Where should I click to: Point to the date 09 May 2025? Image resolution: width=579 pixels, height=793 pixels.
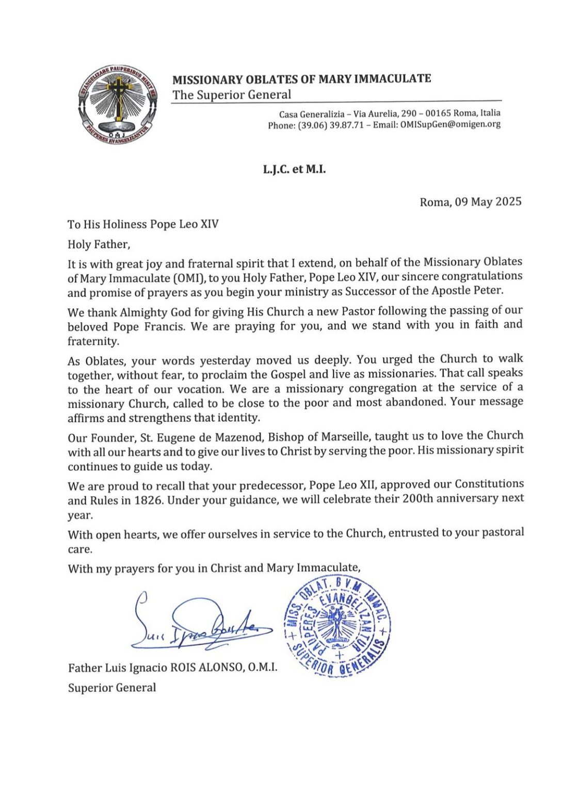[x=488, y=201]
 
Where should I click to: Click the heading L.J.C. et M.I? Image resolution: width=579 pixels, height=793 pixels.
[x=294, y=169]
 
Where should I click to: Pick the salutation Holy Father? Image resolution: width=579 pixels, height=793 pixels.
[x=99, y=244]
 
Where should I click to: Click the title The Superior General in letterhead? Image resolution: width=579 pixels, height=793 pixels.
[x=232, y=95]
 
